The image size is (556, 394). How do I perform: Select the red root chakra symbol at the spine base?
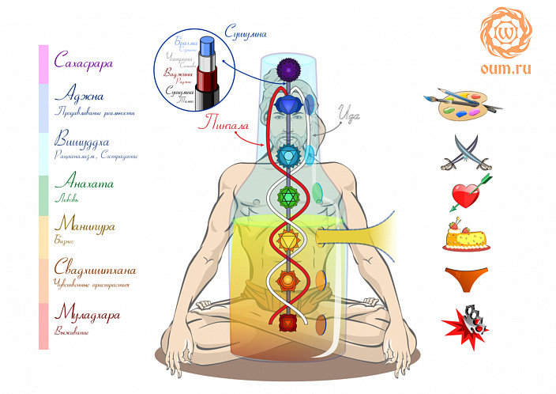point(287,322)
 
